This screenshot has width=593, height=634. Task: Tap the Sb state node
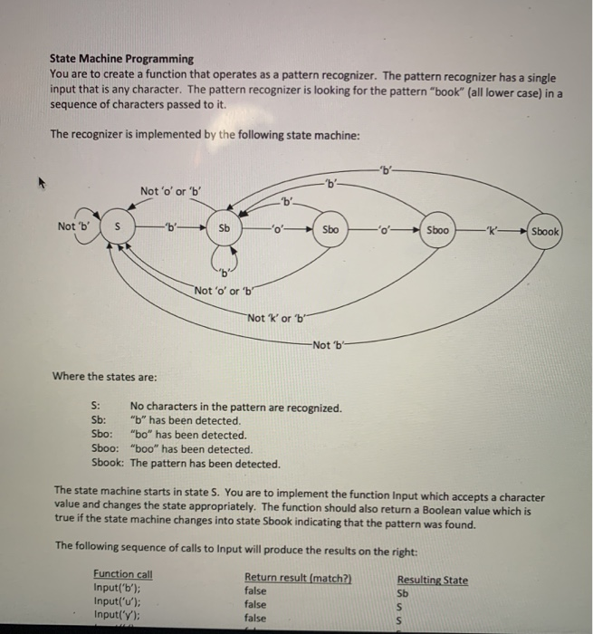click(x=222, y=227)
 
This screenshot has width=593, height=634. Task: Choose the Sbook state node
click(x=547, y=231)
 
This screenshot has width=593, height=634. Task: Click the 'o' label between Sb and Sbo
click(x=277, y=228)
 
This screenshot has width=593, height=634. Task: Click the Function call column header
click(x=122, y=574)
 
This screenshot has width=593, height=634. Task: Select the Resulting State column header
click(x=432, y=580)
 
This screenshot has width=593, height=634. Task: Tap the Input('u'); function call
click(x=116, y=602)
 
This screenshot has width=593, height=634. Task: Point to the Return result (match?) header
click(x=296, y=578)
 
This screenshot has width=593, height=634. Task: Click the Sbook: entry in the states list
click(x=109, y=463)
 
